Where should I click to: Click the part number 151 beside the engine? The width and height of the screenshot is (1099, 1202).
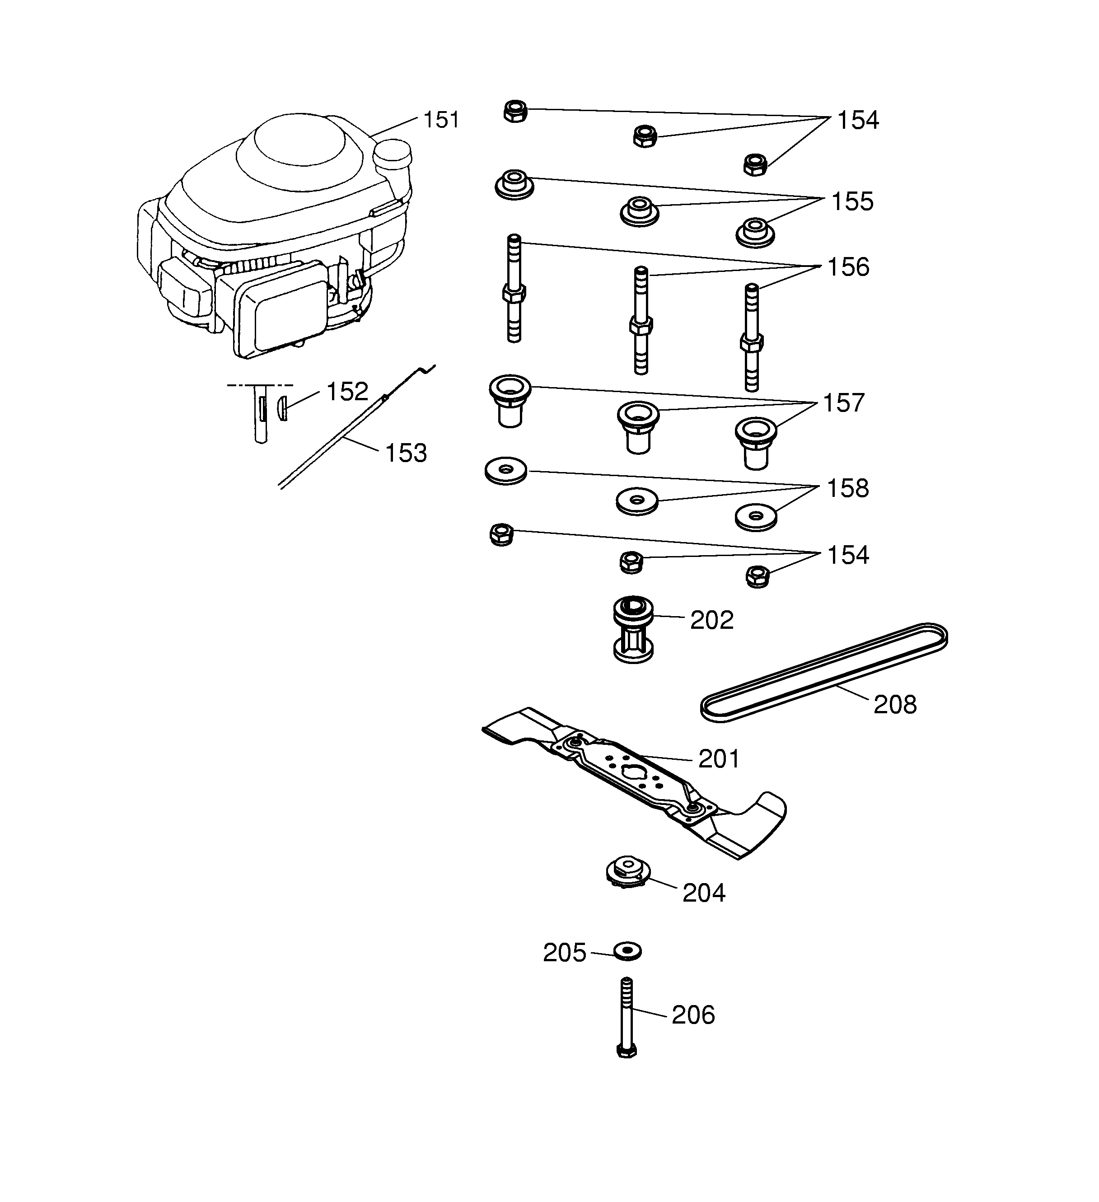[x=441, y=120]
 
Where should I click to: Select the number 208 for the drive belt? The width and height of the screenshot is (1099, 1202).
[x=894, y=705]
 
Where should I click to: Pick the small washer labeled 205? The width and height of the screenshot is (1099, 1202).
[x=627, y=951]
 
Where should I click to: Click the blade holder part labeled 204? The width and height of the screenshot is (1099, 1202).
[x=626, y=874]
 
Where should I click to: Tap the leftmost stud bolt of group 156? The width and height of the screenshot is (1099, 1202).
[x=514, y=289]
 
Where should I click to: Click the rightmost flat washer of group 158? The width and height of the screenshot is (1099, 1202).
[x=756, y=516]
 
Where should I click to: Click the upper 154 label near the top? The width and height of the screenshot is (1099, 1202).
[x=857, y=121]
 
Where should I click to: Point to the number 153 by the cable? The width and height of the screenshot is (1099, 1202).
[x=406, y=453]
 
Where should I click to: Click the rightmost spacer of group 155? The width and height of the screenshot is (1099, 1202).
[x=755, y=231]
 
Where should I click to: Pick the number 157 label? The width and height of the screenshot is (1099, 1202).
[x=843, y=403]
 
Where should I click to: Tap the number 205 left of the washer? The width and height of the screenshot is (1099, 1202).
[x=564, y=953]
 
